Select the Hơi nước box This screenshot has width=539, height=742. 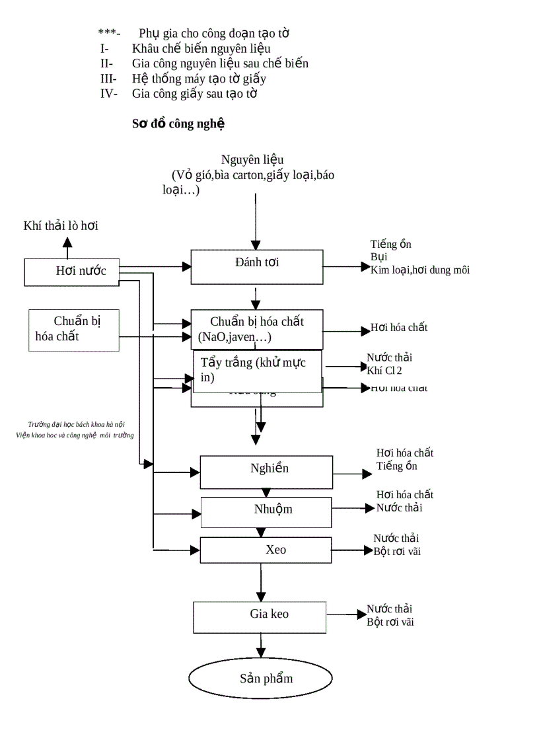click(71, 272)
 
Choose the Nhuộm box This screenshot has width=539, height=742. click(266, 511)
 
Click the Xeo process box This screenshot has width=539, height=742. click(266, 550)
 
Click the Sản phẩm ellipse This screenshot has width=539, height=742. click(260, 679)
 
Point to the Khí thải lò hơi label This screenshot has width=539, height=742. click(61, 226)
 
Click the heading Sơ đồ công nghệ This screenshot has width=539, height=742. click(178, 123)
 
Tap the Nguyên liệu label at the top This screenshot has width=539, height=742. click(252, 159)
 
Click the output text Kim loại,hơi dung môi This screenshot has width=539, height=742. click(420, 270)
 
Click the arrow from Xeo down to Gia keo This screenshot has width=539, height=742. click(262, 582)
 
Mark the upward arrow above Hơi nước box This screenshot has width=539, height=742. click(67, 247)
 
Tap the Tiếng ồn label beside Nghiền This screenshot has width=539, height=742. click(396, 466)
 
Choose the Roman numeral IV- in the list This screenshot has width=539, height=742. click(108, 93)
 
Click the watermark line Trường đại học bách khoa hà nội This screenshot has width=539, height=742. click(76, 424)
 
